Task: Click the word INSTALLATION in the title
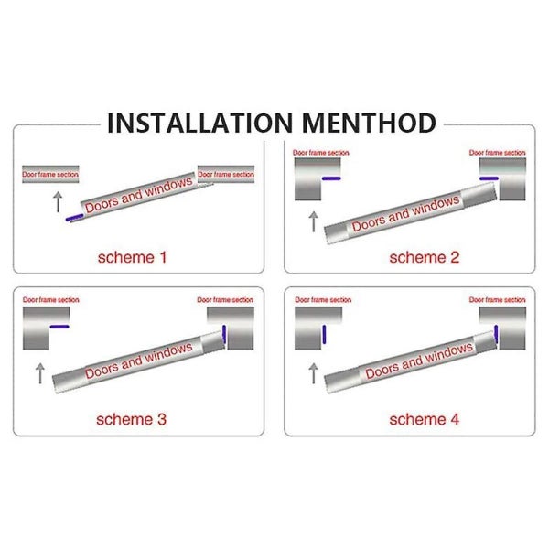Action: click(196, 123)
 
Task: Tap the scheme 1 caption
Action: click(133, 257)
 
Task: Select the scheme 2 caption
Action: click(417, 257)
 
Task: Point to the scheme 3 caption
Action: click(133, 420)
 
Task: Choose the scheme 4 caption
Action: click(417, 420)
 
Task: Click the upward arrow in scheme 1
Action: click(58, 201)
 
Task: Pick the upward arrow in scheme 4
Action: click(314, 372)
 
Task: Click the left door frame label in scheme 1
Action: click(50, 173)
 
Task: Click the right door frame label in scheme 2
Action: click(497, 153)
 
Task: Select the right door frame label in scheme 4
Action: click(497, 300)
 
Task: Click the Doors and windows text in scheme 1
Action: click(139, 195)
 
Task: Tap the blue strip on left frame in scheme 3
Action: click(59, 327)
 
